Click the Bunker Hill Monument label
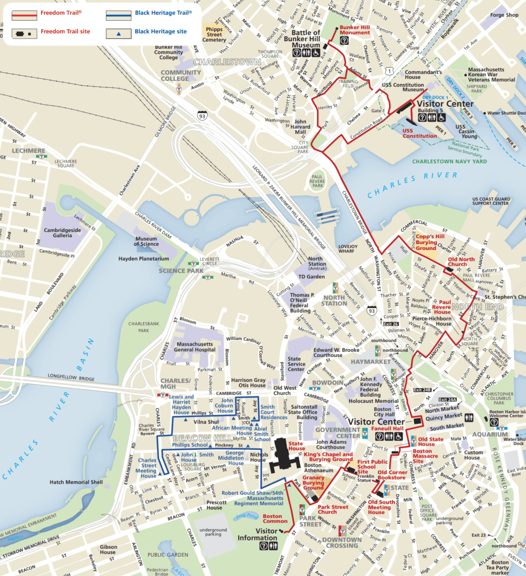(355, 30)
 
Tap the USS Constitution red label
(419, 133)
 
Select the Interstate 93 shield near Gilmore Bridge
(202, 116)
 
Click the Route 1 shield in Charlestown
(389, 71)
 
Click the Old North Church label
(461, 262)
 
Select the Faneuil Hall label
(387, 429)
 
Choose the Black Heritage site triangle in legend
(118, 34)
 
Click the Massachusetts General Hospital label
(195, 347)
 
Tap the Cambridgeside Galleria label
(62, 233)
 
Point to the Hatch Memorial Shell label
(76, 482)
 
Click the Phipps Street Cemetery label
(214, 35)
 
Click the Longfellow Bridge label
(71, 377)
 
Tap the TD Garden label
(311, 277)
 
